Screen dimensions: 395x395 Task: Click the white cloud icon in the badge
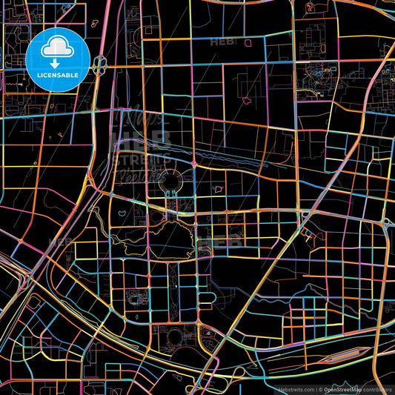point(57,48)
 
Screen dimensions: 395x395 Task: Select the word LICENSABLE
point(57,76)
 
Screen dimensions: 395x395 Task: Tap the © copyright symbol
point(319,389)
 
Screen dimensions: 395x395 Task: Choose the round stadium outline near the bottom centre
point(176,338)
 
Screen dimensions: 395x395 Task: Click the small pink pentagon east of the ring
point(218,190)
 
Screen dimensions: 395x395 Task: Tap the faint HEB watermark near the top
point(223,42)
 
